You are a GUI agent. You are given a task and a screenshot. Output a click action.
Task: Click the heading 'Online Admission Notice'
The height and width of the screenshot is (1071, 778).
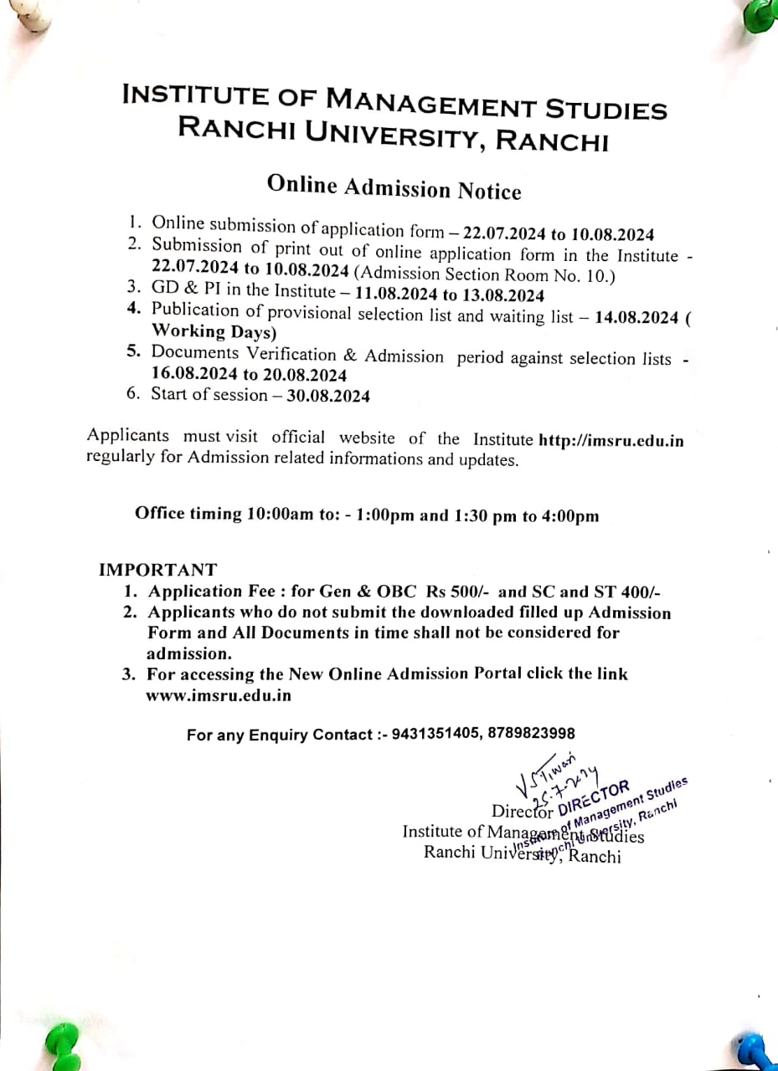pos(394,187)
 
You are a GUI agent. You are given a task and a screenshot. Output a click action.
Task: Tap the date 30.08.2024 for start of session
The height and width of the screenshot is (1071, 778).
pos(328,396)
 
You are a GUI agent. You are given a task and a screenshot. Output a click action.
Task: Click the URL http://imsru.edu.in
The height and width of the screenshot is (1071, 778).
pos(611,441)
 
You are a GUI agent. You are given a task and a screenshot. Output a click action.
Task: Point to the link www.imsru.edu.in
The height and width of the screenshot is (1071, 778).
pos(219,694)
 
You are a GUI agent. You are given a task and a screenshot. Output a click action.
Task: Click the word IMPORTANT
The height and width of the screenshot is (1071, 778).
pos(157,570)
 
